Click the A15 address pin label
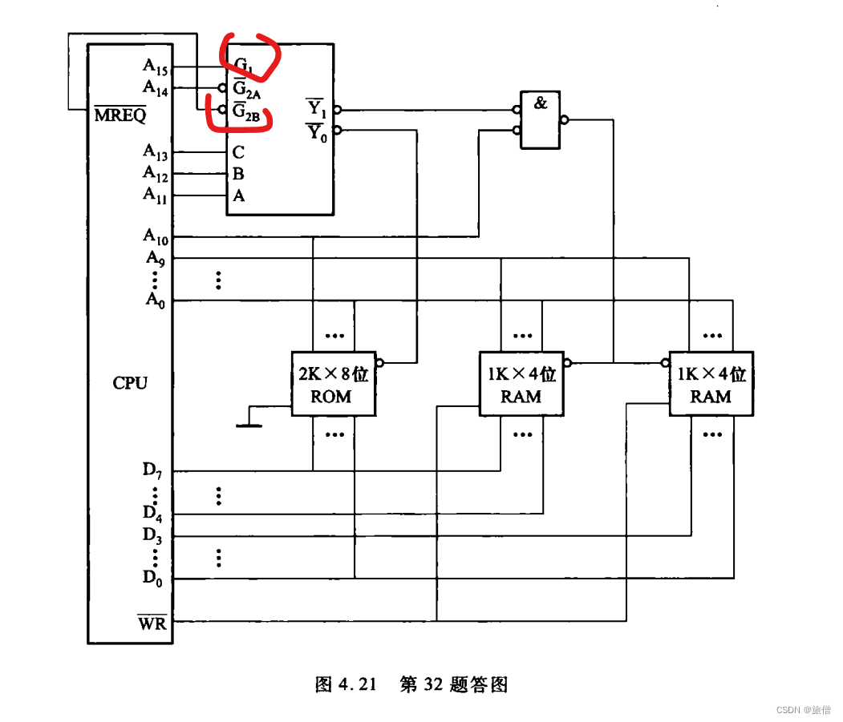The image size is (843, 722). tap(156, 67)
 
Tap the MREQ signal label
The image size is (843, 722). tap(120, 115)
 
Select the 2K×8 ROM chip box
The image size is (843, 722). tap(332, 384)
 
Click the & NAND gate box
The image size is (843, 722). tap(541, 119)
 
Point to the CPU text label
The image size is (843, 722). tap(130, 383)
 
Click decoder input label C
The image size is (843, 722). tap(238, 152)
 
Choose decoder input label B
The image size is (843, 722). tap(238, 174)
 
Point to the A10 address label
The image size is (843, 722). tap(156, 236)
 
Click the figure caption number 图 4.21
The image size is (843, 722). tap(346, 685)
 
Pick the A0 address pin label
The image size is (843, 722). tap(155, 300)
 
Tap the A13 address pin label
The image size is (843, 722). tap(156, 151)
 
